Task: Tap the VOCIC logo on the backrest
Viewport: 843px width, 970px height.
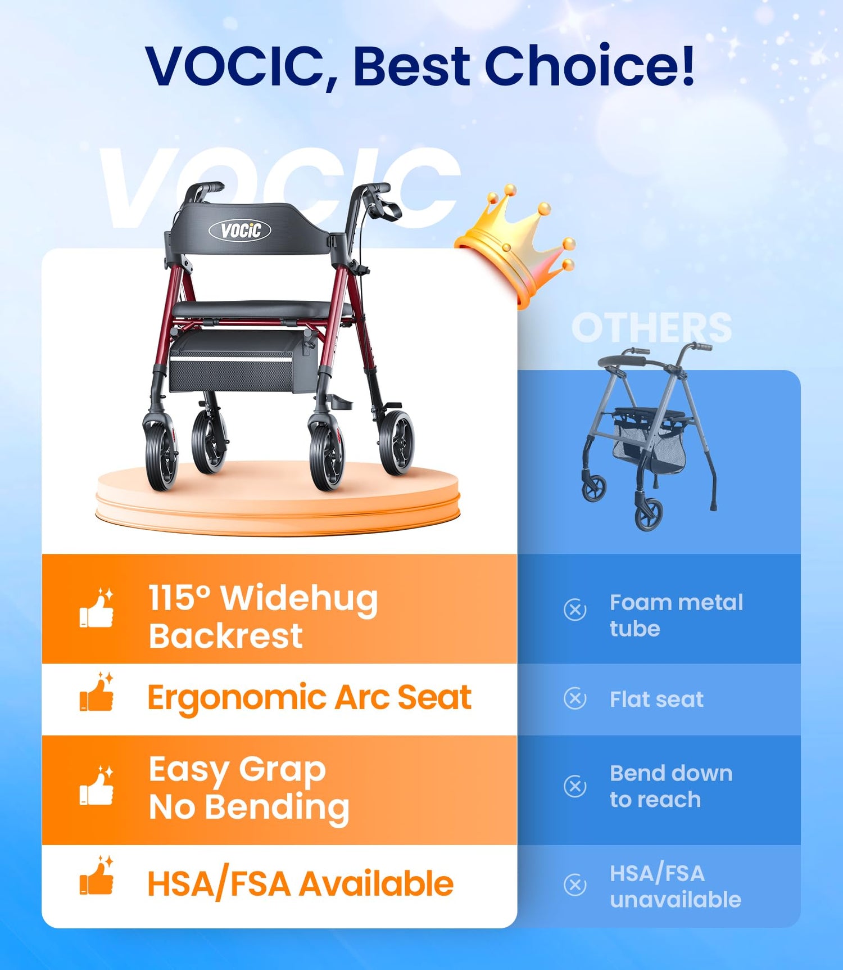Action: click(x=240, y=230)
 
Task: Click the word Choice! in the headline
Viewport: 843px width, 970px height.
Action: click(x=590, y=66)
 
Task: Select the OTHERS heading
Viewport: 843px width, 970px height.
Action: click(x=652, y=327)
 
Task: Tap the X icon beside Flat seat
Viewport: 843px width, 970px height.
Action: click(x=575, y=698)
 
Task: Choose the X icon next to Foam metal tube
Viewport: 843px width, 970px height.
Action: click(x=575, y=610)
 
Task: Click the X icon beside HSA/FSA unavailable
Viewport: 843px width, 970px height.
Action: click(x=575, y=885)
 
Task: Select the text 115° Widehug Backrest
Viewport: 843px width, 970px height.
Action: click(x=263, y=616)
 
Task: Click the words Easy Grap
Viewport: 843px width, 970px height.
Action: click(x=237, y=770)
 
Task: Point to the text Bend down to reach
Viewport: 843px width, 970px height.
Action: click(x=671, y=786)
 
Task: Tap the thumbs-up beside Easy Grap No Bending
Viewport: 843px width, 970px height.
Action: click(x=97, y=786)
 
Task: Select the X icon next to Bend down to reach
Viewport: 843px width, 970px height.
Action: click(x=575, y=786)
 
